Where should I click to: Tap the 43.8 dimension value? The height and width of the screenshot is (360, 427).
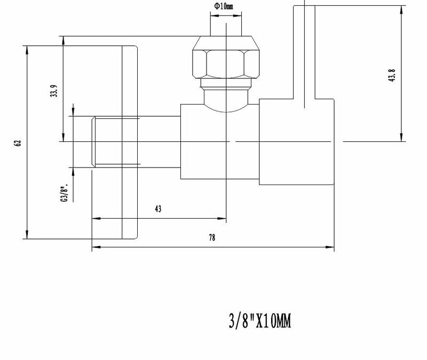392,76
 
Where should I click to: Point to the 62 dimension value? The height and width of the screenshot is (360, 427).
18,143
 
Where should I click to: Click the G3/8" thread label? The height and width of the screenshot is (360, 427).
64,193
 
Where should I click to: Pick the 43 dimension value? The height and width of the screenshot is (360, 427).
158,209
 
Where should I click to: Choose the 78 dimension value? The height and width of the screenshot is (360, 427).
212,238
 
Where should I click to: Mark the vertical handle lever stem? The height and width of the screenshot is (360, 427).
304,53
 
